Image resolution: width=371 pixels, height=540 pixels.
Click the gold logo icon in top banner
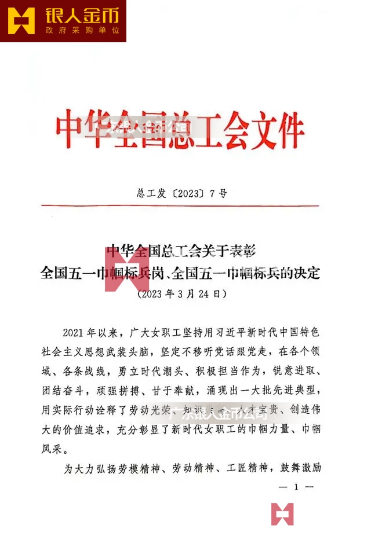(x=21, y=21)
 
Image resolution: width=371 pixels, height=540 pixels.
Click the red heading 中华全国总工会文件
(x=180, y=129)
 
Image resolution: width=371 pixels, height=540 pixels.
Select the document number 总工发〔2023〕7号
(x=179, y=193)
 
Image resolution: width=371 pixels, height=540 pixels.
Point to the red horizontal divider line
(x=179, y=205)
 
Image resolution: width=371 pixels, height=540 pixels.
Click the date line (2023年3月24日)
(x=179, y=294)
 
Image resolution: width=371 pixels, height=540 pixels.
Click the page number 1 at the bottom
(x=296, y=488)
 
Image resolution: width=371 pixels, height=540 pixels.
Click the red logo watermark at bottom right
(x=282, y=514)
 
